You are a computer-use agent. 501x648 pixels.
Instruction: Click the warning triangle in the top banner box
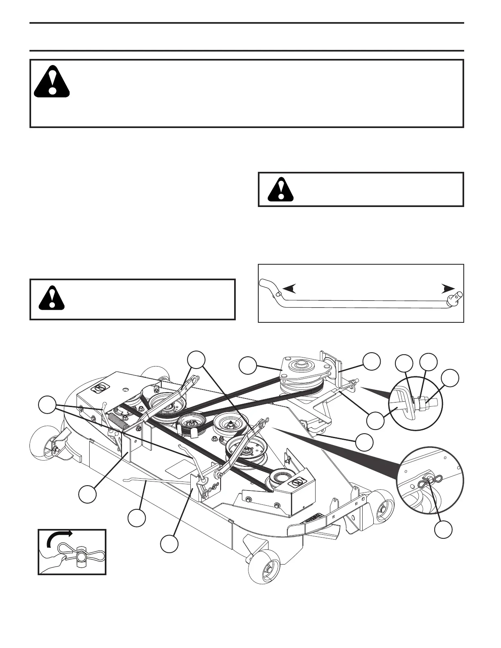pyautogui.click(x=51, y=81)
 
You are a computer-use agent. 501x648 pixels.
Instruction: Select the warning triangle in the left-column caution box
pyautogui.click(x=52, y=296)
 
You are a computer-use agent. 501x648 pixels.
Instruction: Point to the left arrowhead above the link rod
pyautogui.click(x=289, y=289)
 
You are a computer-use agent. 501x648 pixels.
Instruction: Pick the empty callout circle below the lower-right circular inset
pyautogui.click(x=444, y=530)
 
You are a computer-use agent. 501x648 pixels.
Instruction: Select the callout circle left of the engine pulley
pyautogui.click(x=248, y=365)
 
